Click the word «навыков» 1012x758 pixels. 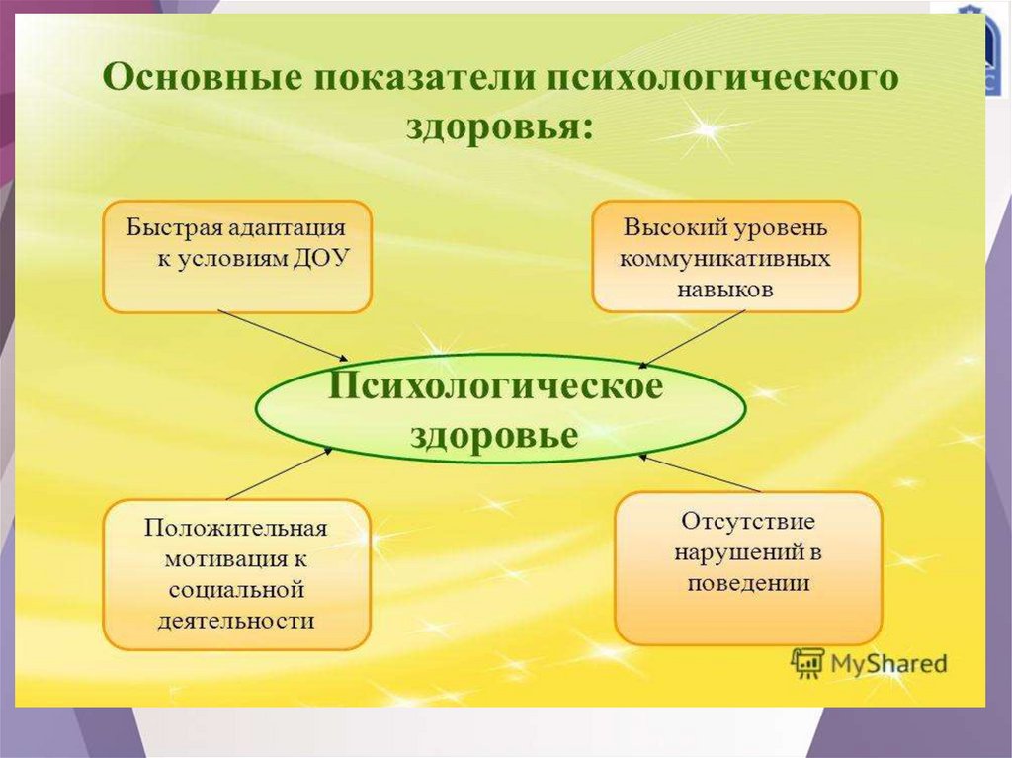click(x=724, y=290)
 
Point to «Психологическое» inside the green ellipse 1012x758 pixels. click(x=496, y=387)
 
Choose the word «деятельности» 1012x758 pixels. click(x=236, y=622)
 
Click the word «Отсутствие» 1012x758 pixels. click(x=747, y=520)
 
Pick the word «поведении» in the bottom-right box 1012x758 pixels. click(x=748, y=583)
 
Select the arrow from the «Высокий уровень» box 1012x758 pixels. click(x=693, y=338)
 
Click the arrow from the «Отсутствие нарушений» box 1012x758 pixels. click(x=701, y=472)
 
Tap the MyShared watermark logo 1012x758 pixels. click(x=870, y=663)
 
